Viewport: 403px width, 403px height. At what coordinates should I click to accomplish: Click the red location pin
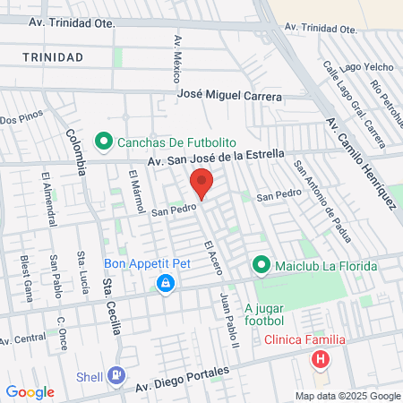201,184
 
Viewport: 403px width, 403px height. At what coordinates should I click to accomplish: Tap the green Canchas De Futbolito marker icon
104,141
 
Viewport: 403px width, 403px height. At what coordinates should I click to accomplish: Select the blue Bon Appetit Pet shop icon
165,284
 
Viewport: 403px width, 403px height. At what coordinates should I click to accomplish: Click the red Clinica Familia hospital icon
320,360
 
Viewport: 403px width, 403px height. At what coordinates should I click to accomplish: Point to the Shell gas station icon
116,374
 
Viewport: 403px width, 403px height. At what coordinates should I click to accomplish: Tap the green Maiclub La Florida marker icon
261,265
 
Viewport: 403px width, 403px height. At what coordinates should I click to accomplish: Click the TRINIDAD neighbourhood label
55,57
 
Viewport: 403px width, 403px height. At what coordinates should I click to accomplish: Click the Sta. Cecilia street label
111,305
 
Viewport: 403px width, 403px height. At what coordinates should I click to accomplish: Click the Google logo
30,392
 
